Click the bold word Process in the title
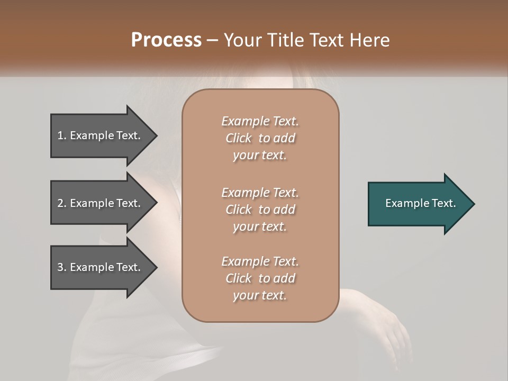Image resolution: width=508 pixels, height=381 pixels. point(166,40)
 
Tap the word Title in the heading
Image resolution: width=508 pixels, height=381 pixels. point(283,40)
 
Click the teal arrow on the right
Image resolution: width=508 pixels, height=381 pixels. point(418,203)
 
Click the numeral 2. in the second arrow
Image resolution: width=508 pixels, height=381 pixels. point(62,203)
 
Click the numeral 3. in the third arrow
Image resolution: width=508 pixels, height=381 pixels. point(62,267)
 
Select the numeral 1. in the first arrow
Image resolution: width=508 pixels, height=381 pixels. point(62,135)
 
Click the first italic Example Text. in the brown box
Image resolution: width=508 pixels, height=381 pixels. point(260,121)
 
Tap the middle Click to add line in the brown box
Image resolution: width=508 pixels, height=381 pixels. point(260,210)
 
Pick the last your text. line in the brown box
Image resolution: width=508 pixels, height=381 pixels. point(260,295)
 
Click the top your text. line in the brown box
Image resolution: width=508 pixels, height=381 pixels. point(260,155)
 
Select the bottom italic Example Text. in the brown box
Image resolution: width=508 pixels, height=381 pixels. point(260,261)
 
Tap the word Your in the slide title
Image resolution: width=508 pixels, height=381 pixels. point(243,40)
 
